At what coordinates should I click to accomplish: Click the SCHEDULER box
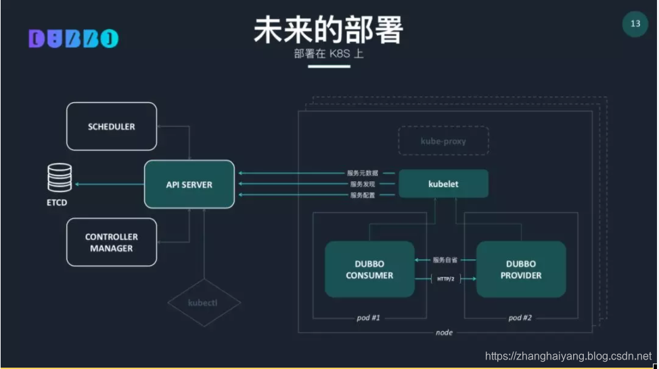(x=112, y=126)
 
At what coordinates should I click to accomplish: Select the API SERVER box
(x=189, y=184)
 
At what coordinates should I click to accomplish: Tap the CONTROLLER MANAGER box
(x=112, y=243)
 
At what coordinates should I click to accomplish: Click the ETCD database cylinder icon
(x=58, y=178)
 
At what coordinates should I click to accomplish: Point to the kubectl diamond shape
(x=204, y=303)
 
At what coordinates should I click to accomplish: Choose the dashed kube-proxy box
(x=443, y=141)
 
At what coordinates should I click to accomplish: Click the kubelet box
(x=443, y=184)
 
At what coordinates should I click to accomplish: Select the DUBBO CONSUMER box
(x=369, y=269)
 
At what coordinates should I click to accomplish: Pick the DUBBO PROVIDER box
(x=521, y=269)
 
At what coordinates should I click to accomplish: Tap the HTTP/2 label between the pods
(x=445, y=278)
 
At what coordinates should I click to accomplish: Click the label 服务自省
(x=445, y=260)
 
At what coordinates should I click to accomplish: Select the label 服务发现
(x=363, y=184)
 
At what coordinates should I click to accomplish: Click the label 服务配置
(x=363, y=195)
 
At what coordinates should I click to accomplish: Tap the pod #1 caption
(x=369, y=318)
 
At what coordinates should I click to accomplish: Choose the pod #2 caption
(x=520, y=318)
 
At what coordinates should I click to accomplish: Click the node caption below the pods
(x=445, y=333)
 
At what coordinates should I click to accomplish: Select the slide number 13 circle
(x=635, y=24)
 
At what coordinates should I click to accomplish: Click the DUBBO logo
(x=73, y=39)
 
